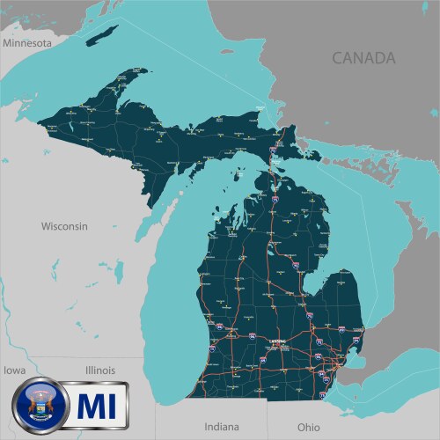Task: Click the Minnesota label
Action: (28, 41)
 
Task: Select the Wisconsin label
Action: (64, 226)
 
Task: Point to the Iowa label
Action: (14, 370)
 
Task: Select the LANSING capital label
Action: (279, 344)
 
